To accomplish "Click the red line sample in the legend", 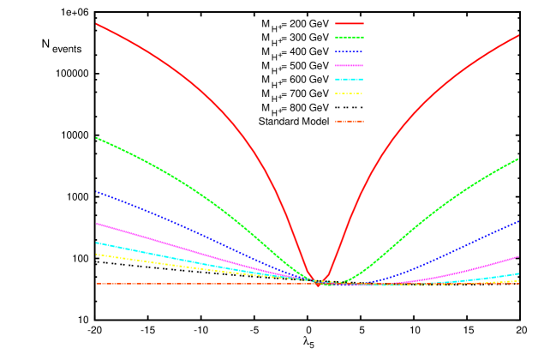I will click(x=350, y=24).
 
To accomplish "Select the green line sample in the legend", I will click(x=350, y=38).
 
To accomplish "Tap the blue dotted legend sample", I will click(x=350, y=51).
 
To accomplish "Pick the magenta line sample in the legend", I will click(x=350, y=65).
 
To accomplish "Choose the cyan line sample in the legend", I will click(x=350, y=79).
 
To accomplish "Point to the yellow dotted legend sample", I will click(x=350, y=93).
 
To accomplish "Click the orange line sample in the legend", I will click(x=350, y=122).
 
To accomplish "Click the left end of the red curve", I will click(x=96, y=24).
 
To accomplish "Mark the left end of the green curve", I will click(x=96, y=137).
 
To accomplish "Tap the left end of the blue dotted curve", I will click(x=96, y=191).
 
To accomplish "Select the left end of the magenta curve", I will click(x=96, y=223).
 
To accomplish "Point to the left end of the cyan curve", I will click(x=96, y=243).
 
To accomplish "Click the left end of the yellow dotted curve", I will click(x=96, y=254).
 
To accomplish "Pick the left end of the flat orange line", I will click(x=96, y=283).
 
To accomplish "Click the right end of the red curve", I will click(x=518, y=35).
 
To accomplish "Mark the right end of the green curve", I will click(x=518, y=159).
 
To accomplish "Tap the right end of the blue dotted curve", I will click(x=518, y=221).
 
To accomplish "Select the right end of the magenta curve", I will click(x=518, y=256).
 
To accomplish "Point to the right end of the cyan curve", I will click(x=518, y=274).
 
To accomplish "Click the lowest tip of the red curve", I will click(x=319, y=285).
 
